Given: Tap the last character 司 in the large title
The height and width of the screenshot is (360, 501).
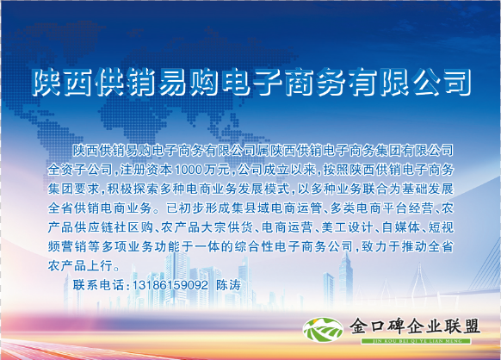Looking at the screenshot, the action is click(457, 82).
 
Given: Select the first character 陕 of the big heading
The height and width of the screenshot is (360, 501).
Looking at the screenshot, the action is click(46, 82).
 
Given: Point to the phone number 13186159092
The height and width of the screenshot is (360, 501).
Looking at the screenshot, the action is click(170, 285).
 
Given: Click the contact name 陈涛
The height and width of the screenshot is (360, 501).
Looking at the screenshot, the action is click(228, 285).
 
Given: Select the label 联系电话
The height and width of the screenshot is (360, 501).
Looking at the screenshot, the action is click(98, 285).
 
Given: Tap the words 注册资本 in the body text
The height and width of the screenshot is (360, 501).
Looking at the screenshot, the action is click(146, 170).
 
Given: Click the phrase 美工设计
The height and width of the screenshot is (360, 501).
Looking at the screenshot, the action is click(347, 227).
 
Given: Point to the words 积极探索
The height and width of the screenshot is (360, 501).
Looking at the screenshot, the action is click(133, 189).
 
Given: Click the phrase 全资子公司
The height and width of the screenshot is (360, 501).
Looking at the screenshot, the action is click(80, 170).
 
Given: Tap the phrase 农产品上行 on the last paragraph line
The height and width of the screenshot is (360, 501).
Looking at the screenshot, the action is click(80, 265).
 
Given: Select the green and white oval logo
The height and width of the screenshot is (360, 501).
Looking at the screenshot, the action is click(324, 330).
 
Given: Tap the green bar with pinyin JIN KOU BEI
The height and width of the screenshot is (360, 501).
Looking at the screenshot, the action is click(416, 341).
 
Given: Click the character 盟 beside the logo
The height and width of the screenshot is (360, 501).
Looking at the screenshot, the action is click(470, 326).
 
